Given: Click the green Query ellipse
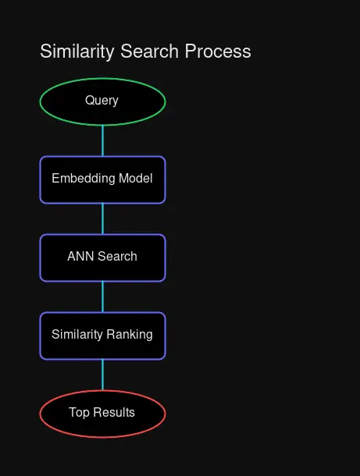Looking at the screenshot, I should (x=102, y=101).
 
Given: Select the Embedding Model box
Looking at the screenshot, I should (x=102, y=179).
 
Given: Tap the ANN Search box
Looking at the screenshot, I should (x=102, y=258).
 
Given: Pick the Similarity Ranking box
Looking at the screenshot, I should (x=102, y=336).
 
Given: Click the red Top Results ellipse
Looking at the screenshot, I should (x=102, y=414).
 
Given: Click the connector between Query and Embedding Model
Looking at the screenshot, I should (x=102, y=140).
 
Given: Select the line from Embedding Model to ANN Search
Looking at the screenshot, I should (x=102, y=218).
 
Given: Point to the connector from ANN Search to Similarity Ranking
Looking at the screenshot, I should (x=102, y=297).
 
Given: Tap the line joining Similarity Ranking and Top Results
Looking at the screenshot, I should (x=102, y=375).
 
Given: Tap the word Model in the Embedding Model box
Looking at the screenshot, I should (x=136, y=179).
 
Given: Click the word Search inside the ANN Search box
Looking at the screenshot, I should (x=117, y=257).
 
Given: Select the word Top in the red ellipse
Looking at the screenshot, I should (x=79, y=413).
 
